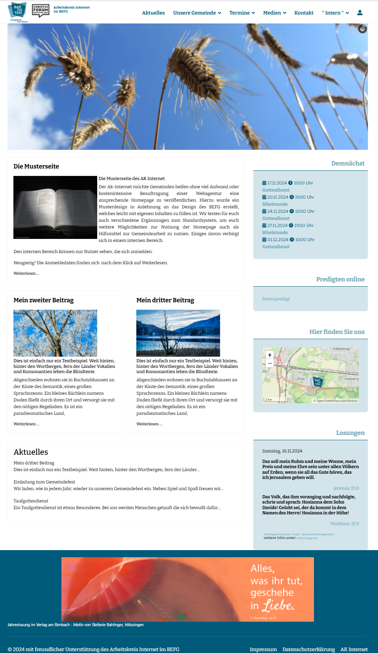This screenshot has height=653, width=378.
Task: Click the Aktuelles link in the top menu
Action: click(x=153, y=13)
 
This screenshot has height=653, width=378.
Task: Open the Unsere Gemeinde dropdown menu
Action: click(x=197, y=13)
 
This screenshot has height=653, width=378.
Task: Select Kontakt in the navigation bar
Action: click(x=304, y=13)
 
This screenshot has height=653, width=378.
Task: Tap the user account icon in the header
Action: click(x=360, y=13)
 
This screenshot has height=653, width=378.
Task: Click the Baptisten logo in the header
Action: click(x=18, y=12)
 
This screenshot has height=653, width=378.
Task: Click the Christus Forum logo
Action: click(x=41, y=10)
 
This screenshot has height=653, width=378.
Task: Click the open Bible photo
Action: click(x=55, y=207)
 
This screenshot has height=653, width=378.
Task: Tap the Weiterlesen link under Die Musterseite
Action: click(x=26, y=274)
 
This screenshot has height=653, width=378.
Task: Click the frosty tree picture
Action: click(x=55, y=333)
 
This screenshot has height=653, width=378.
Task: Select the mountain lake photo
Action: click(x=178, y=333)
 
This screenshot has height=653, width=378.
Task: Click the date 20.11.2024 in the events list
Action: click(x=277, y=197)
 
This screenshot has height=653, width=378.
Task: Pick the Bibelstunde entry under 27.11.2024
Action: click(x=275, y=233)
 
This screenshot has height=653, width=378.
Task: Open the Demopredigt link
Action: click(x=276, y=299)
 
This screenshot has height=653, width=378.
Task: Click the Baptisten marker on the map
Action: click(x=317, y=382)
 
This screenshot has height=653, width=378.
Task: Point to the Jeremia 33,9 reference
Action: click(x=346, y=488)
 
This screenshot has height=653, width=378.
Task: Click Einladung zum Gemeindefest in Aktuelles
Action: click(x=44, y=482)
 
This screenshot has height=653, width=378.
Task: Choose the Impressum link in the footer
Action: click(x=263, y=649)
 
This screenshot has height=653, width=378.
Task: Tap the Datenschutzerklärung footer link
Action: click(x=308, y=649)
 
